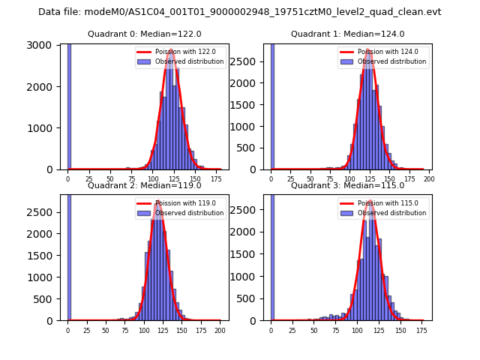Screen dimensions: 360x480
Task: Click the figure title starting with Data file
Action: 240,12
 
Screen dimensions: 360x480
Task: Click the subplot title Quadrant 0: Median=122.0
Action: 145,34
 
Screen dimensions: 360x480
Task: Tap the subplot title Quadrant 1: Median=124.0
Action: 348,34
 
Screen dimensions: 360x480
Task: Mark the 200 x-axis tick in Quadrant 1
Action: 430,179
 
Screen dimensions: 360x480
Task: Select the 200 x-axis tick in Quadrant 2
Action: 219,331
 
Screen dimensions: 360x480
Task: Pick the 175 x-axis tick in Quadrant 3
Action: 421,331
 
